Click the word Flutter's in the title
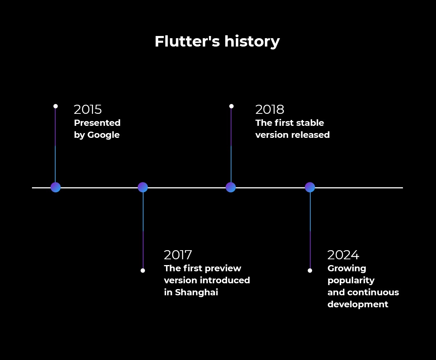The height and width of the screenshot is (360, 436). [187, 41]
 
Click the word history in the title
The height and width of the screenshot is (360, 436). [252, 42]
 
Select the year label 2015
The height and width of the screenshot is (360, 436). [88, 109]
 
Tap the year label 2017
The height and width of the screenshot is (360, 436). [178, 255]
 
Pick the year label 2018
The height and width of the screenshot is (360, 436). [270, 109]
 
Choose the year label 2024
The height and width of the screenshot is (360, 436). [343, 255]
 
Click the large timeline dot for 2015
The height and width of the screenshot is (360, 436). [56, 187]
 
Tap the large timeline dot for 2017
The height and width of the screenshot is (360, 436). [143, 187]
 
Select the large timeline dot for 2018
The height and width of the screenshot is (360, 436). [231, 187]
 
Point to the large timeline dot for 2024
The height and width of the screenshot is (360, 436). [310, 187]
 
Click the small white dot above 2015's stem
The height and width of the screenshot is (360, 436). [56, 106]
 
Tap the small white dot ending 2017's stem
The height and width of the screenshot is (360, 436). [143, 271]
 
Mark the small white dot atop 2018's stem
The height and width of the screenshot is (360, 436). [231, 106]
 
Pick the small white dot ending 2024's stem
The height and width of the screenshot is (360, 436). [310, 271]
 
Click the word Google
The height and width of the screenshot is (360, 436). [104, 135]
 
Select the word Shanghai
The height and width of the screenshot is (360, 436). [197, 292]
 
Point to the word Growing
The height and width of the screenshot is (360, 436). [347, 269]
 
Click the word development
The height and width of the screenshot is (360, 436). [358, 305]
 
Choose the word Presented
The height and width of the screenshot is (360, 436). [97, 123]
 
